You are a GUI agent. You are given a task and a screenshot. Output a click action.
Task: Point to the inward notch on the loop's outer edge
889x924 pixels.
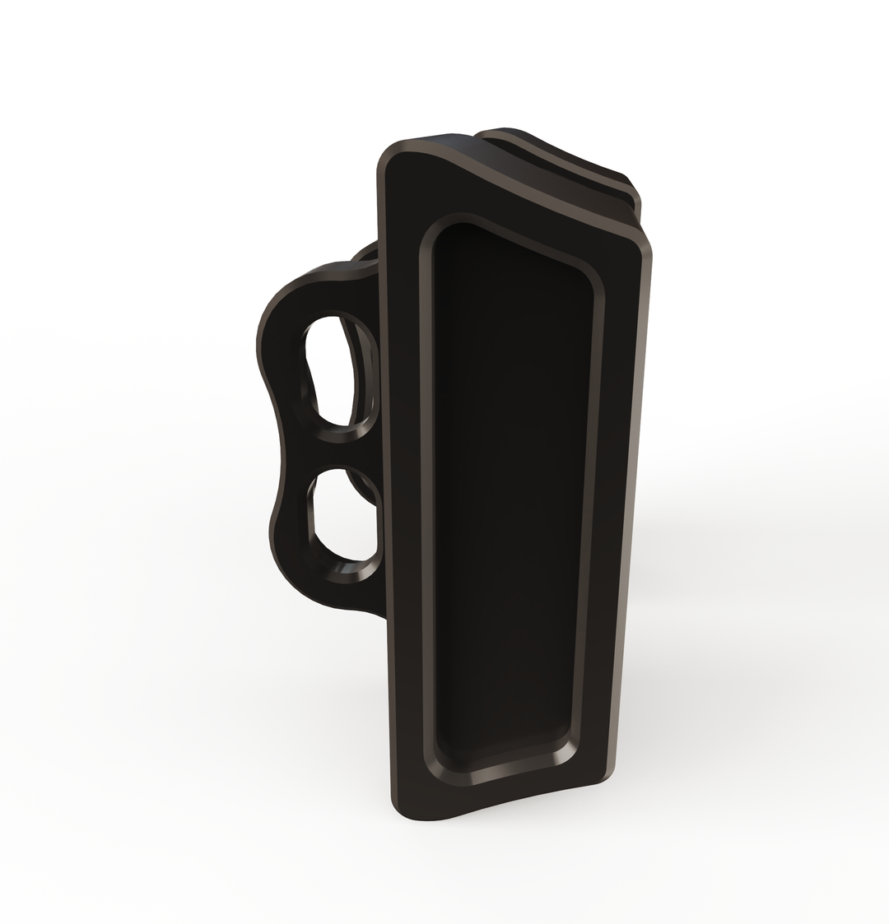278,448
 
